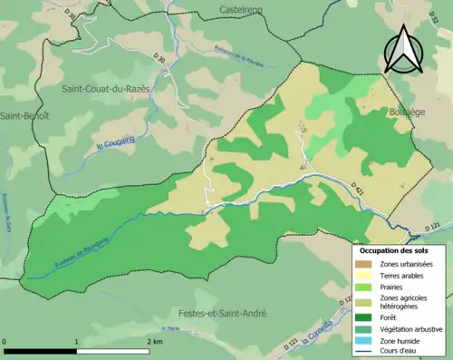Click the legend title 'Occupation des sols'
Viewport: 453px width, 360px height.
click(395, 249)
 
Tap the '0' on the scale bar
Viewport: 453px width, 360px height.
click(5, 341)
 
